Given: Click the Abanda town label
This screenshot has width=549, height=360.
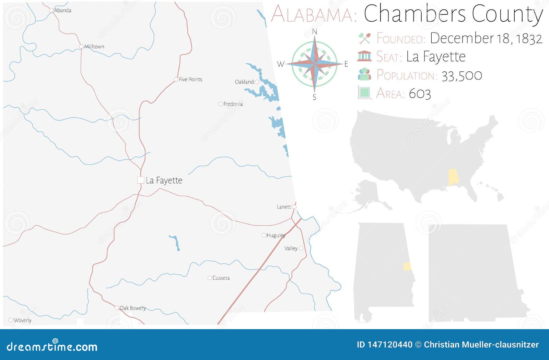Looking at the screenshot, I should (x=63, y=10).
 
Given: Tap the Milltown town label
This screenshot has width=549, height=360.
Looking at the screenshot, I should (x=94, y=47).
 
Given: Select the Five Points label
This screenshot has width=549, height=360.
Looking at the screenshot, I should (x=190, y=79).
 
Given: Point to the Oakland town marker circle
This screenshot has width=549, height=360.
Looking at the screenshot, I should (x=257, y=82).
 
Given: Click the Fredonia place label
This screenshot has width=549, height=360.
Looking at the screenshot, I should (x=233, y=104).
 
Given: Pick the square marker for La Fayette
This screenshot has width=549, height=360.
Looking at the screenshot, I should (x=140, y=180).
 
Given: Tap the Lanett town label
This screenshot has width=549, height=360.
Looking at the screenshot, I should (x=284, y=207).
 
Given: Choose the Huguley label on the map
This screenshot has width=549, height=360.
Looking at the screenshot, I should (x=276, y=235).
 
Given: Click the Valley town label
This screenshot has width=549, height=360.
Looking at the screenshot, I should (x=291, y=248).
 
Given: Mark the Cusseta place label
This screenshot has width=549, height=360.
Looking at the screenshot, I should (x=221, y=278).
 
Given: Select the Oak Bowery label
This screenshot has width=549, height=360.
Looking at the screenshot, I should (x=132, y=308).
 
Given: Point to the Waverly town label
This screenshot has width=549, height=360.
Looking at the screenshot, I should (x=23, y=320).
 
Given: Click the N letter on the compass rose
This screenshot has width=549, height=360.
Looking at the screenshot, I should (x=314, y=32).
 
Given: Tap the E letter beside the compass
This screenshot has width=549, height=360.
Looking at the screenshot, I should (x=346, y=64).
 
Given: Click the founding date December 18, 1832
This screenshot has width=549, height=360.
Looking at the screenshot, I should (x=486, y=38).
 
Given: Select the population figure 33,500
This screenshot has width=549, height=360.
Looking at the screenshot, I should (x=462, y=75).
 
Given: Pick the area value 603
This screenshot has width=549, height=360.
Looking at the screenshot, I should (x=420, y=94).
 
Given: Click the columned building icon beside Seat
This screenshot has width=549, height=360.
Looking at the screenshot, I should (x=364, y=56).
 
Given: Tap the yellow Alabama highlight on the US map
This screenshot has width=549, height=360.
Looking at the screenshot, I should (x=453, y=177).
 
